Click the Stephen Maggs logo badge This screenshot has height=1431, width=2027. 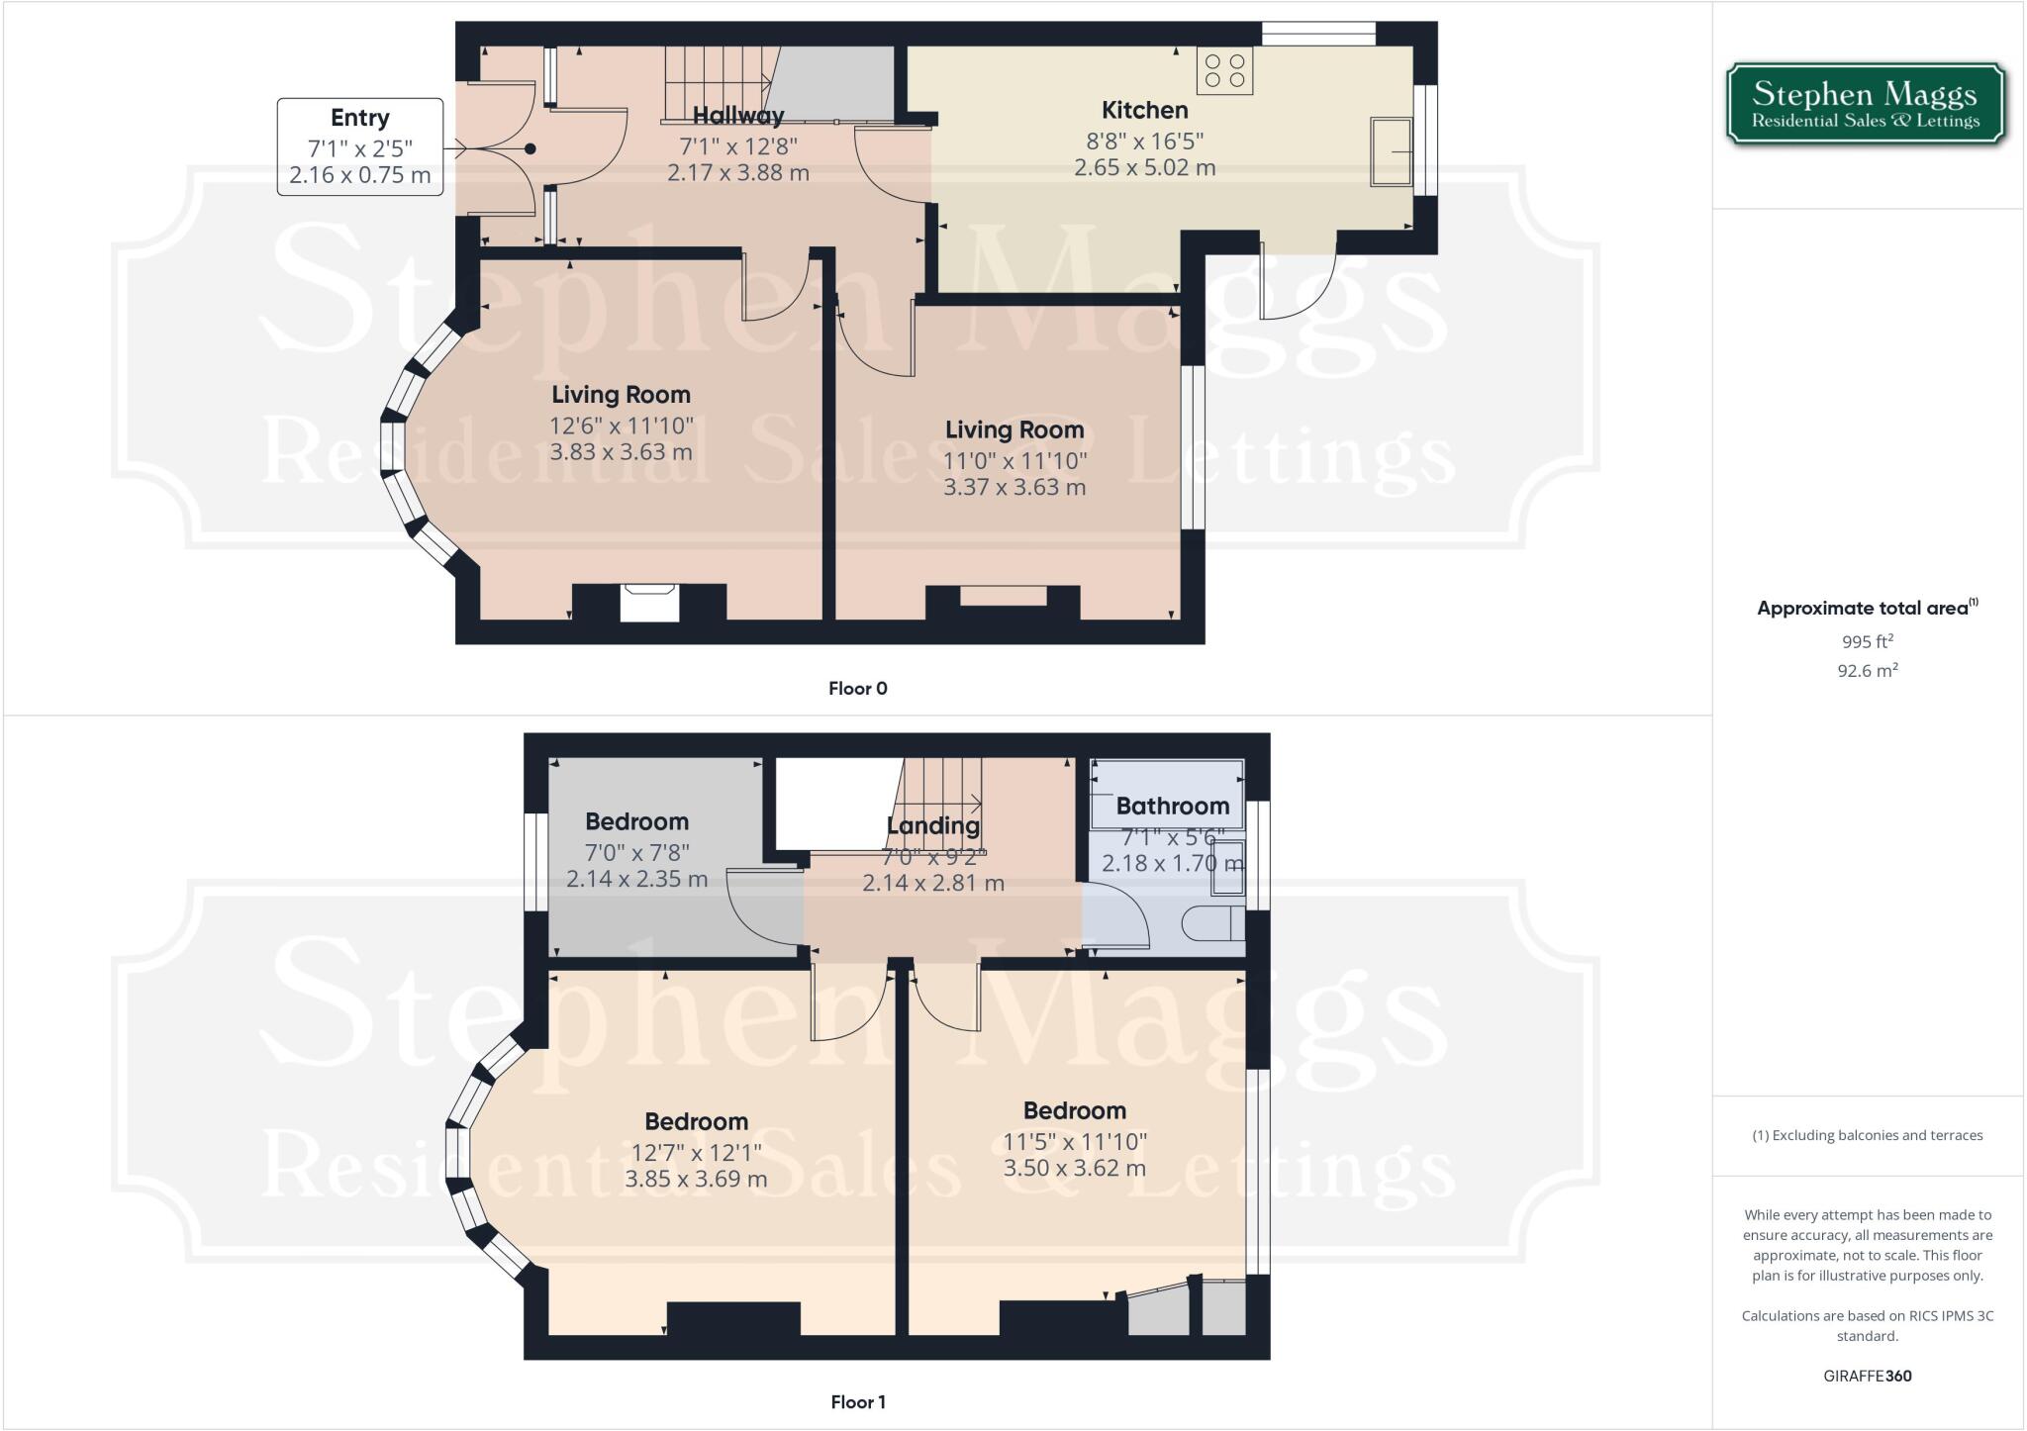pyautogui.click(x=1866, y=105)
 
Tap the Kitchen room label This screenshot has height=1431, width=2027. pyautogui.click(x=1144, y=110)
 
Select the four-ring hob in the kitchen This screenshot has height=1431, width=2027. pyautogui.click(x=1224, y=71)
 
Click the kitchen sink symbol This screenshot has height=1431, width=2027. pyautogui.click(x=1391, y=151)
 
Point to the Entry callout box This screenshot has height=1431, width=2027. pyautogui.click(x=359, y=146)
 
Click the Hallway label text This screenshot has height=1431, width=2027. pyautogui.click(x=737, y=116)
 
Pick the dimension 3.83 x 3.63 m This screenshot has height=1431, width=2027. pyautogui.click(x=621, y=452)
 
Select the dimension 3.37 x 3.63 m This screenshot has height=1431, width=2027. pyautogui.click(x=1013, y=488)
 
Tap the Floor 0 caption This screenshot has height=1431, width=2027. pyautogui.click(x=857, y=689)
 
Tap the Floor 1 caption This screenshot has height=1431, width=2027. pyautogui.click(x=857, y=1402)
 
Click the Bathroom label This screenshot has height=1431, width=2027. pyautogui.click(x=1172, y=807)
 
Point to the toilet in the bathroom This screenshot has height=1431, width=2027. pyautogui.click(x=1212, y=922)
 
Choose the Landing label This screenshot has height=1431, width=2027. pyautogui.click(x=932, y=825)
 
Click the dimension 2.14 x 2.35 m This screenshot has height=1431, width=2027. pyautogui.click(x=636, y=879)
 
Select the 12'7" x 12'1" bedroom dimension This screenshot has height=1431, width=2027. pyautogui.click(x=696, y=1152)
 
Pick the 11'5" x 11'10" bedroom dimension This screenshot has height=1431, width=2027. pyautogui.click(x=1074, y=1141)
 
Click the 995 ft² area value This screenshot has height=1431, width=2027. pyautogui.click(x=1867, y=641)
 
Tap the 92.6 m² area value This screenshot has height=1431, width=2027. pyautogui.click(x=1867, y=671)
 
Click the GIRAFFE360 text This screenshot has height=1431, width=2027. pyautogui.click(x=1867, y=1376)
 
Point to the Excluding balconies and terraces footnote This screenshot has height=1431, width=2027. pyautogui.click(x=1867, y=1135)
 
